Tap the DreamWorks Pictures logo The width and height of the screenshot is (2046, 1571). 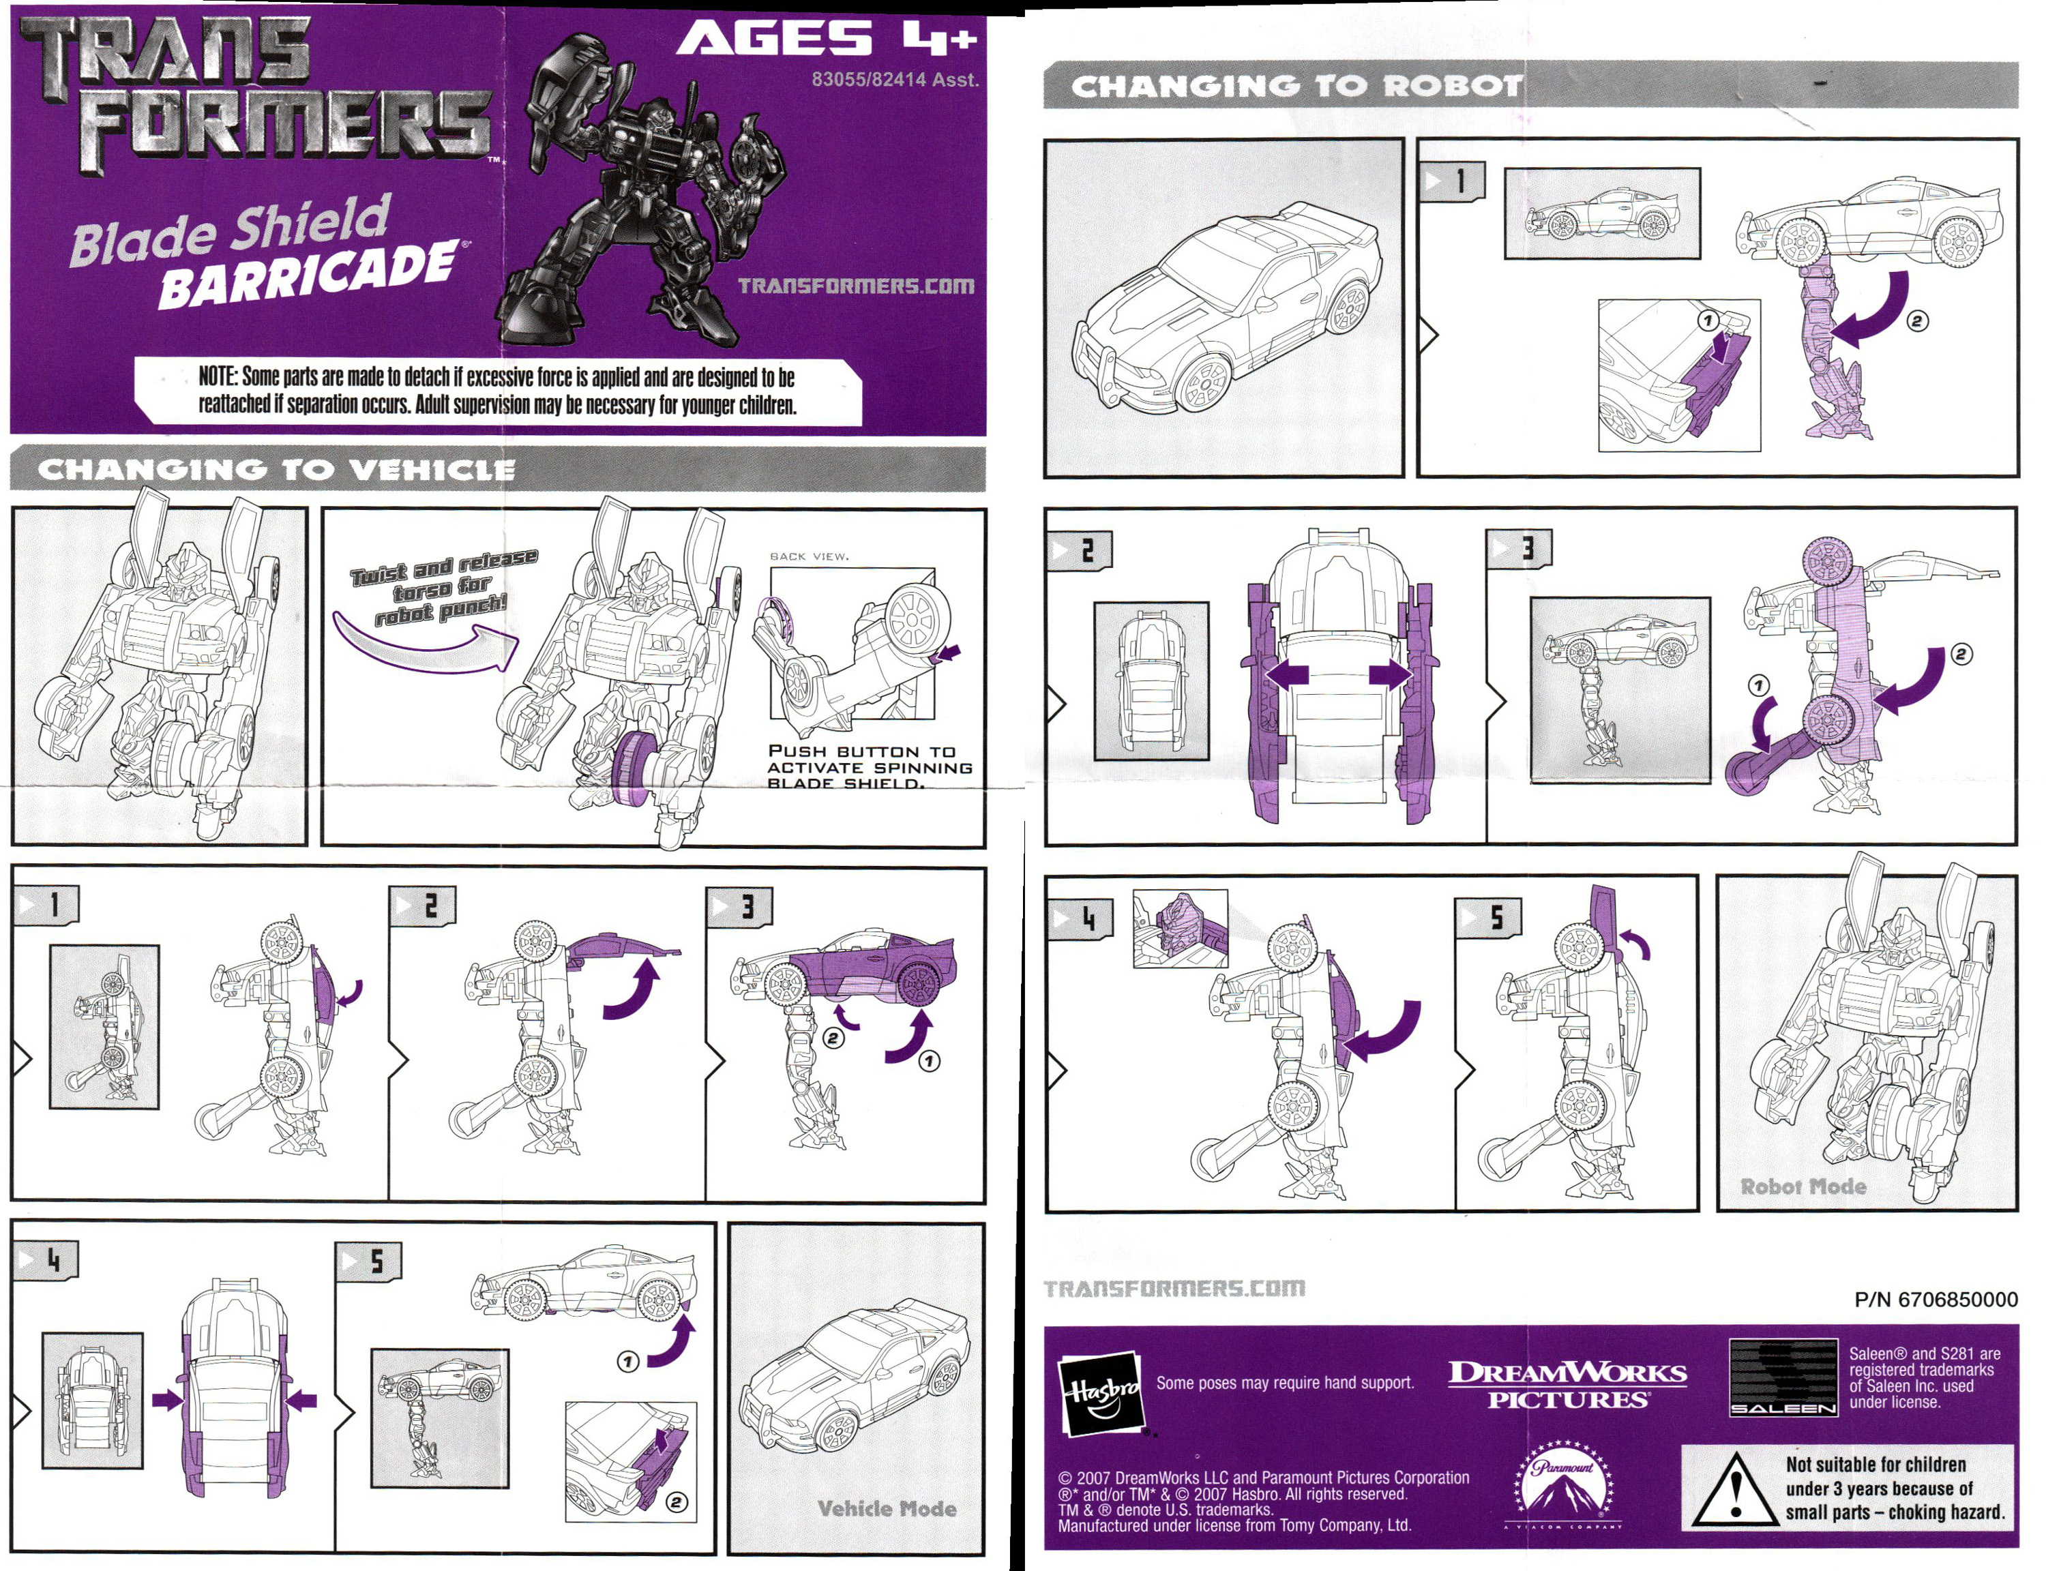tap(1567, 1385)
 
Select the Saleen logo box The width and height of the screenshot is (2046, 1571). tap(1782, 1377)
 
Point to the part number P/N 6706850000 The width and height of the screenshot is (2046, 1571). tap(1935, 1300)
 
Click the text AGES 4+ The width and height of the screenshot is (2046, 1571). tap(826, 40)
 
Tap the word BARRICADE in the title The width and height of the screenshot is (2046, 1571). tap(308, 276)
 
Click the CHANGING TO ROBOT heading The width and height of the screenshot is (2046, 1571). tap(1296, 86)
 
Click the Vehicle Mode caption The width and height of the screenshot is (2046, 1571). tap(887, 1508)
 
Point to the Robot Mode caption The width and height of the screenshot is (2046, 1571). tap(1803, 1186)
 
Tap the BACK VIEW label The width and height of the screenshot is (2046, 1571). tap(809, 556)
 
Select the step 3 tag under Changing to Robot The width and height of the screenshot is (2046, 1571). tap(1519, 548)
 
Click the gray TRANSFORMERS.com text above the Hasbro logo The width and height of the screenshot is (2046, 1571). tap(1174, 1289)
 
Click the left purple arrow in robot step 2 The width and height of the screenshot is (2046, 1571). tap(1288, 674)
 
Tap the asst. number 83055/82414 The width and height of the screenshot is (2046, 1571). tap(894, 80)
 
